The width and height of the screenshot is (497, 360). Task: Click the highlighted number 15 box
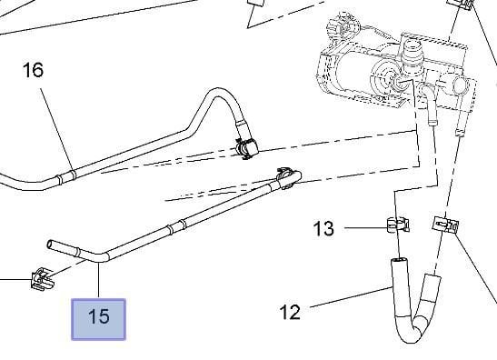click(98, 319)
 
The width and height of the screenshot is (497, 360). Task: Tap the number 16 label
click(33, 70)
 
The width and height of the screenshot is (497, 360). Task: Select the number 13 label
click(323, 228)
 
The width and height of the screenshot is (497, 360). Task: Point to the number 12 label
click(290, 313)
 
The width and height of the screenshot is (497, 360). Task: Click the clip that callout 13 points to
click(398, 225)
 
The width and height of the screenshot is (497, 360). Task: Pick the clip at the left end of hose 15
click(42, 279)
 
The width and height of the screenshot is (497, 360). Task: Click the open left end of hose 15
click(50, 245)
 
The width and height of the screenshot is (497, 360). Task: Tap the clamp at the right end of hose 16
click(247, 147)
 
